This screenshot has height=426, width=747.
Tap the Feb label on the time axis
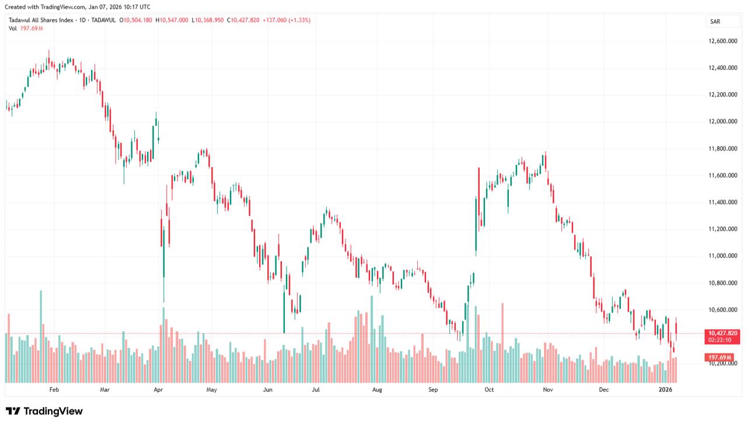click(x=54, y=389)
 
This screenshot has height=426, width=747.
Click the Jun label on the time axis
click(x=267, y=389)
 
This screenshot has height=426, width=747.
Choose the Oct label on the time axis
click(x=489, y=389)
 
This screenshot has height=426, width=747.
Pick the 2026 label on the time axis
click(x=666, y=389)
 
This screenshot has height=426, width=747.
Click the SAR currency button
click(x=714, y=22)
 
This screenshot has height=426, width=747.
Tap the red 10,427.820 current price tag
click(x=724, y=333)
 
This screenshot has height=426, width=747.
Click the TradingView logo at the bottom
click(x=44, y=411)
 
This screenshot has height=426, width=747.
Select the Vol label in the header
click(x=13, y=29)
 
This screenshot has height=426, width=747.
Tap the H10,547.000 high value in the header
click(x=172, y=20)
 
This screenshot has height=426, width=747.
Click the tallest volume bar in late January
click(x=41, y=336)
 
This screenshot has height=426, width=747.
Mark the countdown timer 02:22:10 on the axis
click(x=724, y=340)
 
